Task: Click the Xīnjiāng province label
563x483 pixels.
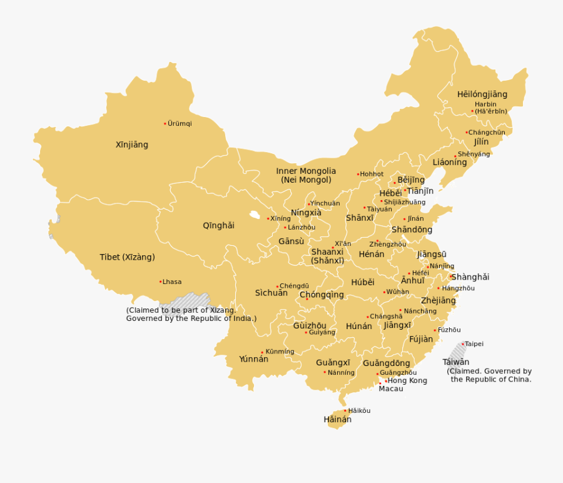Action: [132, 145]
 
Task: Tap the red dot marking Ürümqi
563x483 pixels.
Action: [165, 123]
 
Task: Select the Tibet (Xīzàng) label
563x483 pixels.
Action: [127, 257]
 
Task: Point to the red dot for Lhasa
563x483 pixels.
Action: [160, 282]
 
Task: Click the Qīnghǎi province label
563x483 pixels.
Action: [218, 225]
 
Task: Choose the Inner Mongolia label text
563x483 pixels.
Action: [306, 171]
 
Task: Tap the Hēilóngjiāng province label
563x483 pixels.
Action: [482, 94]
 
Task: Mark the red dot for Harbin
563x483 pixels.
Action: [472, 111]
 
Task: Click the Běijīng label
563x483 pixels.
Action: [411, 180]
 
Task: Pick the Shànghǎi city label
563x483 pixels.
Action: [470, 277]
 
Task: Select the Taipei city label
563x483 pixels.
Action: [474, 344]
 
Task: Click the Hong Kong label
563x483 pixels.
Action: [408, 380]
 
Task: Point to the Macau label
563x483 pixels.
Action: [391, 389]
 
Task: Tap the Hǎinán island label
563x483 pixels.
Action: [337, 420]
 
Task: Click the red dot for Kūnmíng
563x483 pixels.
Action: [262, 352]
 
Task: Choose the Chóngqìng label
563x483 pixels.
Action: [322, 295]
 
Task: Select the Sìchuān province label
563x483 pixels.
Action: [271, 293]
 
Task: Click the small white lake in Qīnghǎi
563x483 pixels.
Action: [254, 215]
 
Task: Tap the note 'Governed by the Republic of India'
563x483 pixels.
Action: [191, 318]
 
